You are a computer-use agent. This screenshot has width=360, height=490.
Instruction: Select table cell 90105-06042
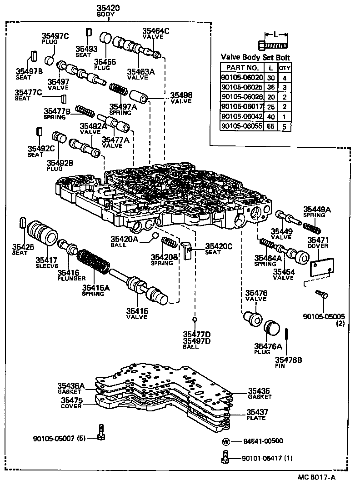(242, 116)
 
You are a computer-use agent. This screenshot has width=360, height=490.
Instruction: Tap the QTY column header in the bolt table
(285, 68)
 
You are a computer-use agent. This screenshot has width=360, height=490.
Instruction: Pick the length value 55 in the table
(271, 126)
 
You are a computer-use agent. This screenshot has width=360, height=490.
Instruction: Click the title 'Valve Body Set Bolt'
(255, 58)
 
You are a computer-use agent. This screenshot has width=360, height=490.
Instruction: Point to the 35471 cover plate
(322, 268)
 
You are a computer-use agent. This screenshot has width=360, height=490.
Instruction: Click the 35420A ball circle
(155, 235)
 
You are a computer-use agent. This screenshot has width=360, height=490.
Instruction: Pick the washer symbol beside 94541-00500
(225, 441)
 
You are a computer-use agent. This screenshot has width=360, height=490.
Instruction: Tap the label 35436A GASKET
(69, 388)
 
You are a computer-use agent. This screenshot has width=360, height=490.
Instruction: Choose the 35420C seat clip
(186, 249)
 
